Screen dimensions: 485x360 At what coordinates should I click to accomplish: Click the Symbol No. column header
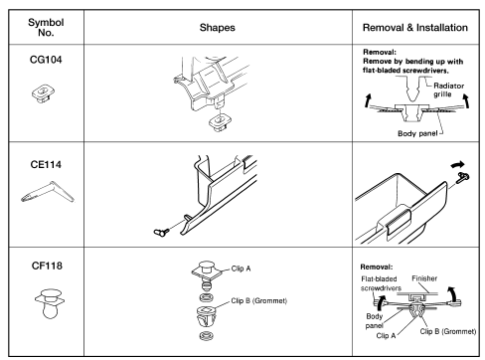(46, 27)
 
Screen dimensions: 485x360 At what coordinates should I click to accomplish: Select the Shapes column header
(218, 28)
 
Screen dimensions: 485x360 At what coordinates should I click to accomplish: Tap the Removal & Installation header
(415, 28)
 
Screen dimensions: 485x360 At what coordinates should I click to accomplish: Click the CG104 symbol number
(46, 60)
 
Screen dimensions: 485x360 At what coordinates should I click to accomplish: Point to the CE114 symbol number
(46, 164)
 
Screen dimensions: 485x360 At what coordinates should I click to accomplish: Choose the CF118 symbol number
(47, 266)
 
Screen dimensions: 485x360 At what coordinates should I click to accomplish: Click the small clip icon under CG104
(43, 93)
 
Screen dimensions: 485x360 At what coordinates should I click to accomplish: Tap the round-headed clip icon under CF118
(50, 303)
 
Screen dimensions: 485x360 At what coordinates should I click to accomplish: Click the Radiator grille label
(448, 90)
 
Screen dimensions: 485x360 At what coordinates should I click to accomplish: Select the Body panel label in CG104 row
(417, 133)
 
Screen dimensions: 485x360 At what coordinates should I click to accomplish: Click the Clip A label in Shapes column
(241, 269)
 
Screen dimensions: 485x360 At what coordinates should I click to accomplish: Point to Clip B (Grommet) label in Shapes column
(259, 300)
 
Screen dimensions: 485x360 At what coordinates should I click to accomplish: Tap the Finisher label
(424, 278)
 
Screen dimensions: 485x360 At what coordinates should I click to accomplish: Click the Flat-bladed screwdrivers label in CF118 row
(381, 283)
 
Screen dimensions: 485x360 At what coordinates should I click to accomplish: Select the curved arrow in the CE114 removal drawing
(459, 164)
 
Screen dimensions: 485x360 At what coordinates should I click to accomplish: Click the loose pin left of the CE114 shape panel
(162, 232)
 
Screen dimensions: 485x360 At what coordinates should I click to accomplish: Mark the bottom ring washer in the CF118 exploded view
(207, 336)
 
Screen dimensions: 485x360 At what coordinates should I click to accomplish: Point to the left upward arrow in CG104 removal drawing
(368, 100)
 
